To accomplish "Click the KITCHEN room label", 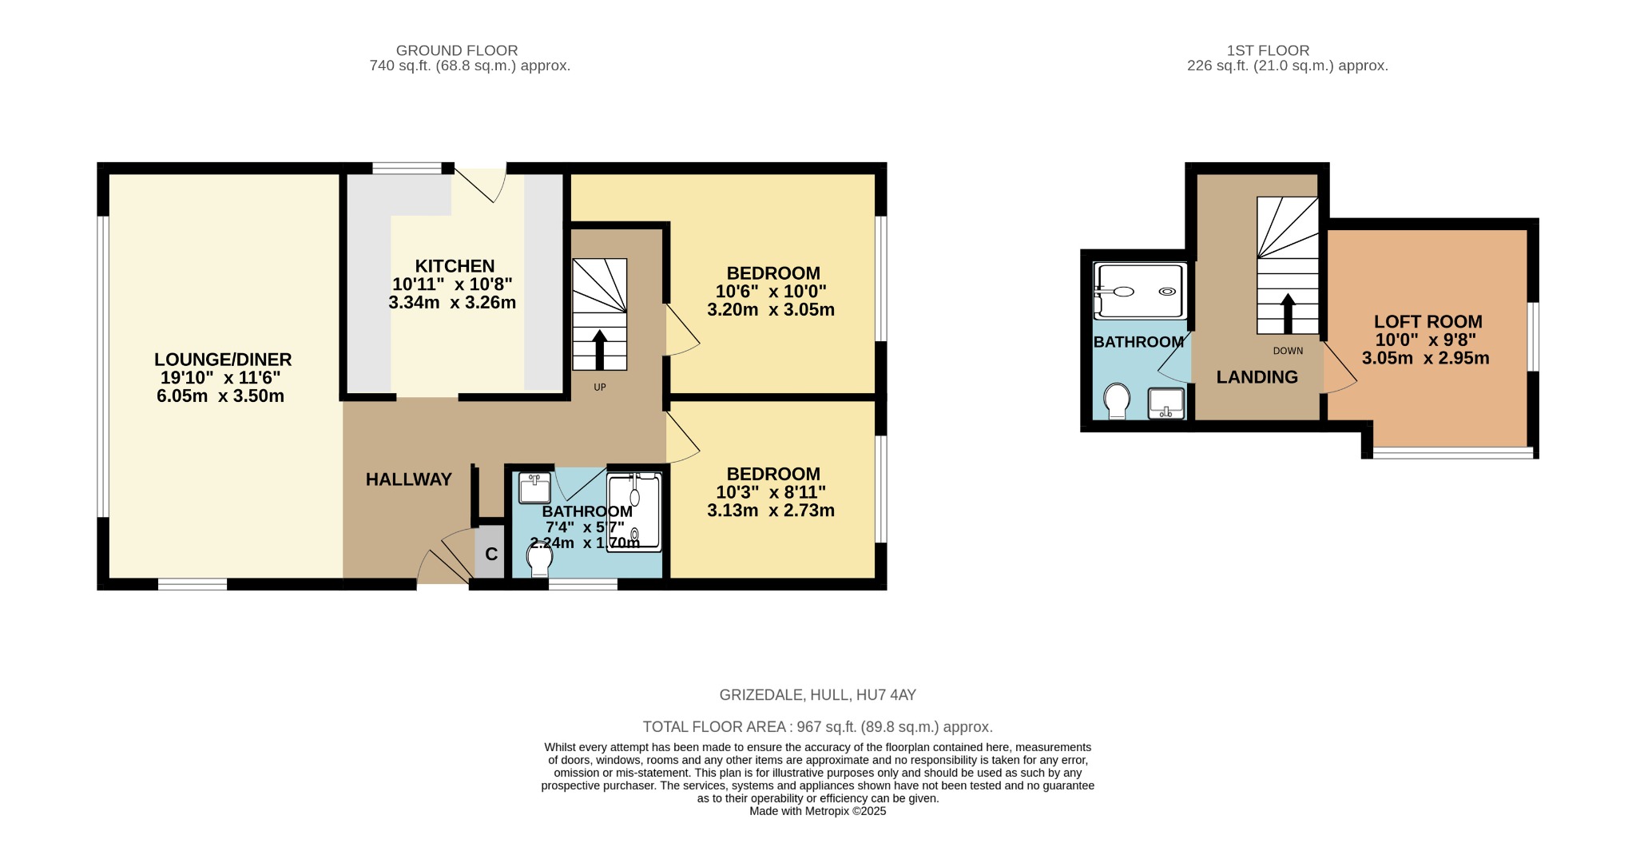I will (455, 266).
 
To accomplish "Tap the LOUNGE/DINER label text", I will (223, 360).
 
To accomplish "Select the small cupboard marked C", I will (491, 553).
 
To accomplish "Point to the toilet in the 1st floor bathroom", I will (1117, 400).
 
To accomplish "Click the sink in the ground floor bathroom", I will (534, 487).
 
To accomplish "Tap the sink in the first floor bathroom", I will (1165, 403).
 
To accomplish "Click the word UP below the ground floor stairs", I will (600, 388).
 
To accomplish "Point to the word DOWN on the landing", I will (1288, 351).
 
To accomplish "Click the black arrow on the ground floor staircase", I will (600, 349).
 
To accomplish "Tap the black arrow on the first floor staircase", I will (1288, 313).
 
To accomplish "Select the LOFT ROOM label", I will (1428, 321).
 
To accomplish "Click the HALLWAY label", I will (409, 479).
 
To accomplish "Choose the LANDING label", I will (1257, 377).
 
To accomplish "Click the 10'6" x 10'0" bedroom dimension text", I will (771, 292).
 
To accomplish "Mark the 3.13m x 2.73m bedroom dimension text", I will (771, 510).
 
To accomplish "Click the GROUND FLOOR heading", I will (457, 50).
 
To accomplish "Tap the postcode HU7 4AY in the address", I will (886, 695).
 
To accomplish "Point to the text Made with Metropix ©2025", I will (817, 811).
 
